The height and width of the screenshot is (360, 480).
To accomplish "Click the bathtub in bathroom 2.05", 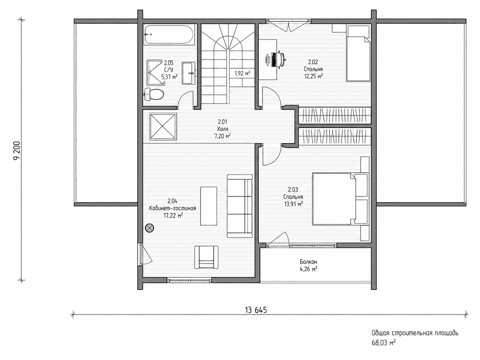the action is click(x=169, y=35).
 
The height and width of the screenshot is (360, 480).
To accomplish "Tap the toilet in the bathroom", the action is click(x=154, y=94).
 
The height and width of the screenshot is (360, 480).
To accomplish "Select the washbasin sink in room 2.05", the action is click(x=189, y=73).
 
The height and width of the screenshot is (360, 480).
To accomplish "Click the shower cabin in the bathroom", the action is click(x=155, y=72).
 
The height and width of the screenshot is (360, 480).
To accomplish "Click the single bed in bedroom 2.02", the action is click(x=358, y=53).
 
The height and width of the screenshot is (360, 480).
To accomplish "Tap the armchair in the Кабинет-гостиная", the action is click(x=206, y=257).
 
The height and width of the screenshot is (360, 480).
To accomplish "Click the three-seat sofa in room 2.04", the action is click(x=240, y=206).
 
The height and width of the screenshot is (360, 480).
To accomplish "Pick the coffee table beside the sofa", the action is click(x=209, y=206).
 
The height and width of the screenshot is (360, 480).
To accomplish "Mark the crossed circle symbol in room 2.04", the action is click(x=150, y=228).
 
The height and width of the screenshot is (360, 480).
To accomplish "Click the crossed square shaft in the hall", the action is click(x=163, y=126).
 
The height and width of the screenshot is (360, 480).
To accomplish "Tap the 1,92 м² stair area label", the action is click(x=242, y=74).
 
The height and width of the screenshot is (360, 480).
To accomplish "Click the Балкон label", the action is click(x=308, y=262).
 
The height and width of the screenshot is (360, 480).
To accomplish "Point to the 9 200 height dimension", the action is click(x=17, y=150).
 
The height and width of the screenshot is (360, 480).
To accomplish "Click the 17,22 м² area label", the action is click(x=173, y=215).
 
